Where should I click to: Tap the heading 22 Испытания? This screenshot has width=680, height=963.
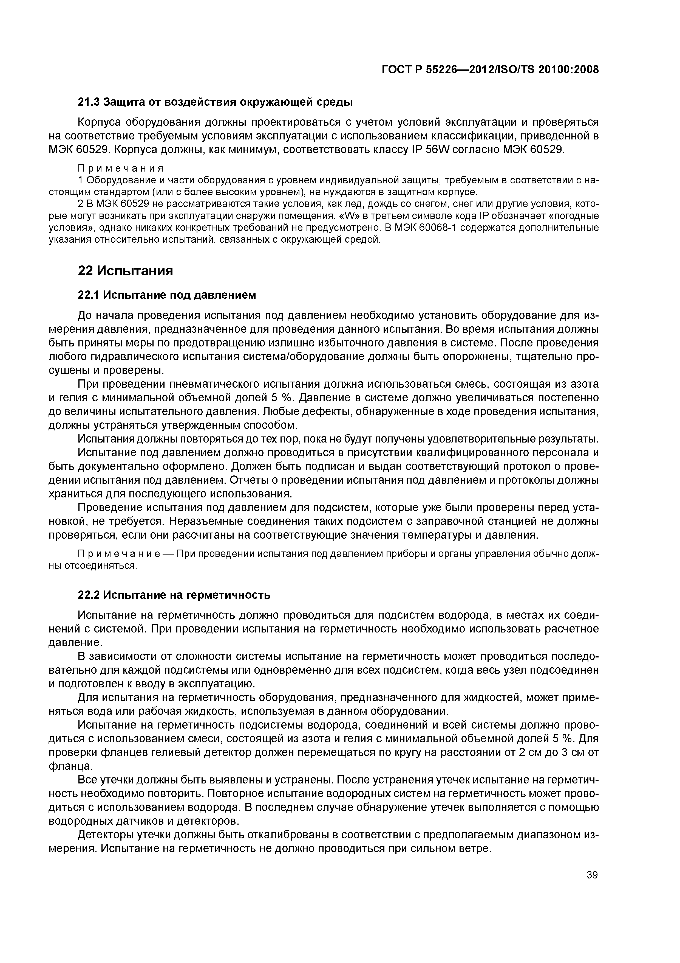pyautogui.click(x=125, y=271)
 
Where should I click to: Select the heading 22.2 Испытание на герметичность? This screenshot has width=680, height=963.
pyautogui.click(x=174, y=595)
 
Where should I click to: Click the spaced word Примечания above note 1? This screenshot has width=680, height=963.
pyautogui.click(x=120, y=168)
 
